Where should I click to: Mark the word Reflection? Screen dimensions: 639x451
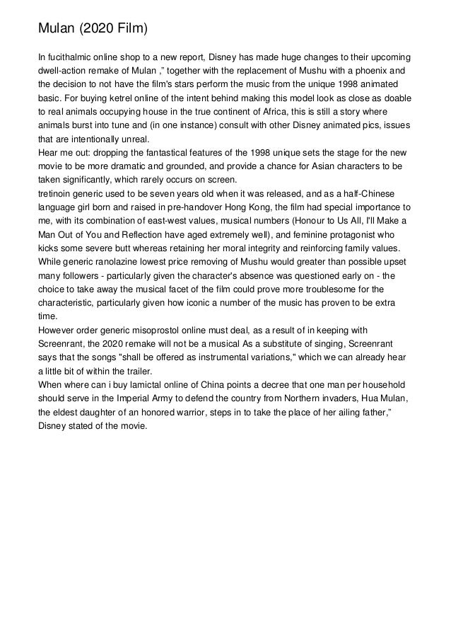click(136, 234)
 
